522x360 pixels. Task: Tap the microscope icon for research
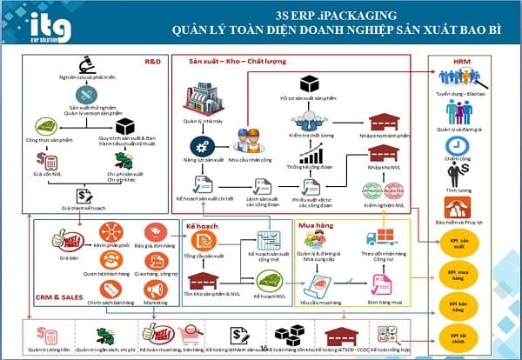85,66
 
